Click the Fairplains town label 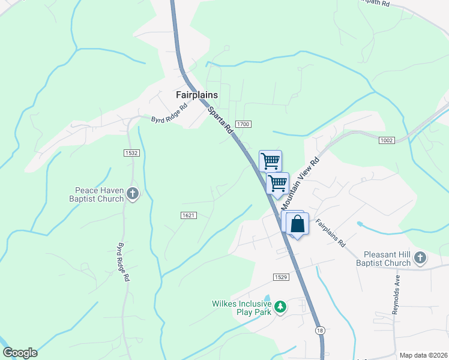point(196,95)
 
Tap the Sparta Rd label point(220,120)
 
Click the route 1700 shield point(243,124)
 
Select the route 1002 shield point(387,140)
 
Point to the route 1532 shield point(132,154)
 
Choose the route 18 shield point(321,331)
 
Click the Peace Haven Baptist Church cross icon point(133,194)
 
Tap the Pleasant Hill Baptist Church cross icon point(420,259)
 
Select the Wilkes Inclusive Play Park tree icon point(280,308)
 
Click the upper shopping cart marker point(271,160)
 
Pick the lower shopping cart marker point(278,183)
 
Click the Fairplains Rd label point(331,233)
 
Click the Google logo point(20,353)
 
